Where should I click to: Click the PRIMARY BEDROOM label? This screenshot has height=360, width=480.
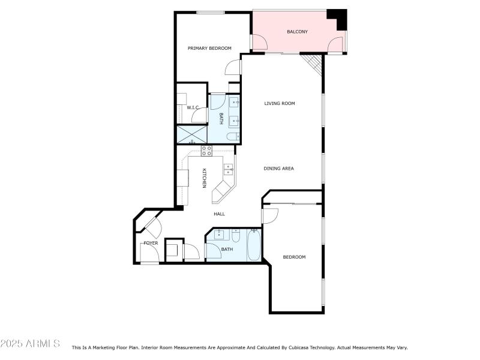(x=209, y=49)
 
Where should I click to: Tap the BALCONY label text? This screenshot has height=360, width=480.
(x=297, y=32)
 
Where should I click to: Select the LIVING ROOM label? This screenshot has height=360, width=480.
(x=280, y=104)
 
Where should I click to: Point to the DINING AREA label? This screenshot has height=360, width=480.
(x=278, y=169)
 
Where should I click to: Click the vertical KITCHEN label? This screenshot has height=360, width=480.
(x=204, y=178)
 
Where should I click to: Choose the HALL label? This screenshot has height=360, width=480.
(x=219, y=214)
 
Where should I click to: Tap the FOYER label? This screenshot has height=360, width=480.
(x=151, y=243)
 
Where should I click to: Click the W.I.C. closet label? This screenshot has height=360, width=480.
(x=193, y=107)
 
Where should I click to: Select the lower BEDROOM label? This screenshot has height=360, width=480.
(x=294, y=257)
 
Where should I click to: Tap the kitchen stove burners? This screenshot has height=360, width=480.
(x=206, y=150)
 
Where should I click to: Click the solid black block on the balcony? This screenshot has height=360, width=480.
(x=338, y=18)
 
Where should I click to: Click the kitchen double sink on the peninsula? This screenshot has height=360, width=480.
(x=229, y=170)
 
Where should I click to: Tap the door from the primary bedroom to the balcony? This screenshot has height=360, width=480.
(x=258, y=43)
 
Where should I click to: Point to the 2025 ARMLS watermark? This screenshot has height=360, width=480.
(x=30, y=344)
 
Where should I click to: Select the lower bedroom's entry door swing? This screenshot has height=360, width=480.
(x=270, y=215)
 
